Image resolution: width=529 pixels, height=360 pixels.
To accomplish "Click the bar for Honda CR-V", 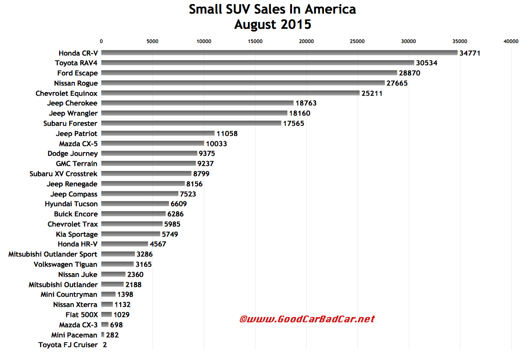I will (279, 53).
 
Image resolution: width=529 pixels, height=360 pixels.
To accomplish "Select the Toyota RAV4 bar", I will (257, 63).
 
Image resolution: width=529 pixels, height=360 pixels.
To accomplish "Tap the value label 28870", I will (410, 73).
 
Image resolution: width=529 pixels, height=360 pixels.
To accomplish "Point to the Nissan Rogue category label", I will (76, 83).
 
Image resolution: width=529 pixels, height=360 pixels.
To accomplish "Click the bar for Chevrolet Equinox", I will (230, 93).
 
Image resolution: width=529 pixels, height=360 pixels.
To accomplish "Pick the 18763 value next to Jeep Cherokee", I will (306, 103).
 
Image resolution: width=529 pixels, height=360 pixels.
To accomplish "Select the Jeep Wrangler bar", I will (194, 113).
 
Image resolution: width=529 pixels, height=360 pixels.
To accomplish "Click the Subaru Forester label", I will (70, 123).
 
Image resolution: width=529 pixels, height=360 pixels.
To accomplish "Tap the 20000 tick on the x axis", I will (306, 42).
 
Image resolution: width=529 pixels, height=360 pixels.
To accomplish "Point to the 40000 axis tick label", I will (511, 42).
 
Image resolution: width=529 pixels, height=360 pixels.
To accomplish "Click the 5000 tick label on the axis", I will (152, 42).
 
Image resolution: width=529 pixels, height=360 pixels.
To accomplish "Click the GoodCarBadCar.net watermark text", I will (307, 319).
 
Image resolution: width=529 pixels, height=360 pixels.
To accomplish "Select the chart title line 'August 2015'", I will (273, 24).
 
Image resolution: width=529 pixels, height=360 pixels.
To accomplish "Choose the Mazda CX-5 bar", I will (152, 144).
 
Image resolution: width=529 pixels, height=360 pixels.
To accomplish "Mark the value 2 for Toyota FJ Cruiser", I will (105, 345).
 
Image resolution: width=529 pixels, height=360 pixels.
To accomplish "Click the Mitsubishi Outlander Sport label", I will (53, 254).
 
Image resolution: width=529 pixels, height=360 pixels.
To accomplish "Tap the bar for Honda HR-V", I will (125, 244).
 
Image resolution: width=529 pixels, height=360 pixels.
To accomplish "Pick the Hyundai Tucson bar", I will (135, 204).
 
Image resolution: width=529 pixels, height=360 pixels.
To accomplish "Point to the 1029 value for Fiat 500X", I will (122, 315).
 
